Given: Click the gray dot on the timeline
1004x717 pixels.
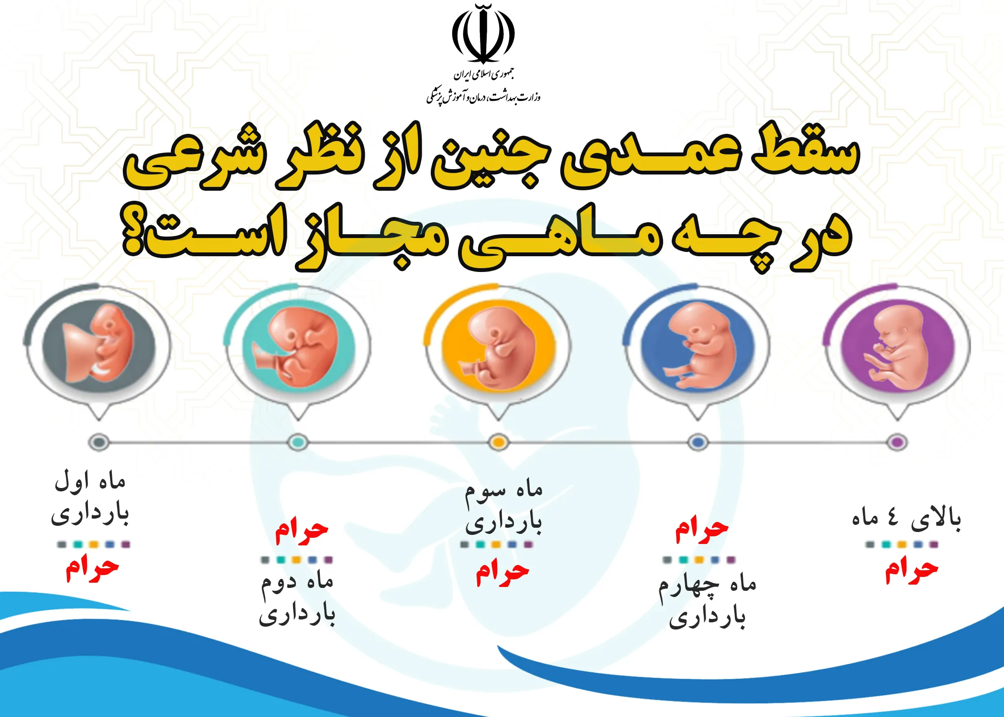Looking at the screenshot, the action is [x=98, y=442].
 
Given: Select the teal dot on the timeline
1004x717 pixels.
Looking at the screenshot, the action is [x=298, y=442].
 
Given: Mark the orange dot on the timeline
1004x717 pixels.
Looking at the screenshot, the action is [x=498, y=442].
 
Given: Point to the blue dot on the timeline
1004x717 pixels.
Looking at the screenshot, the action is [x=698, y=442].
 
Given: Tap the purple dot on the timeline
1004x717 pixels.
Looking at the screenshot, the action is [x=897, y=442].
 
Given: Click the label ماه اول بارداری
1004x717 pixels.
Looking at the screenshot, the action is [x=90, y=498].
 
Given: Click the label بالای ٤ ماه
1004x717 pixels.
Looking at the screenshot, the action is [x=906, y=519].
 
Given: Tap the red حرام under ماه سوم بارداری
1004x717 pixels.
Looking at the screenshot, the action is [x=502, y=573].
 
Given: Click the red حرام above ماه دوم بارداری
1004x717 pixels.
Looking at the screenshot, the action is [x=302, y=531].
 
